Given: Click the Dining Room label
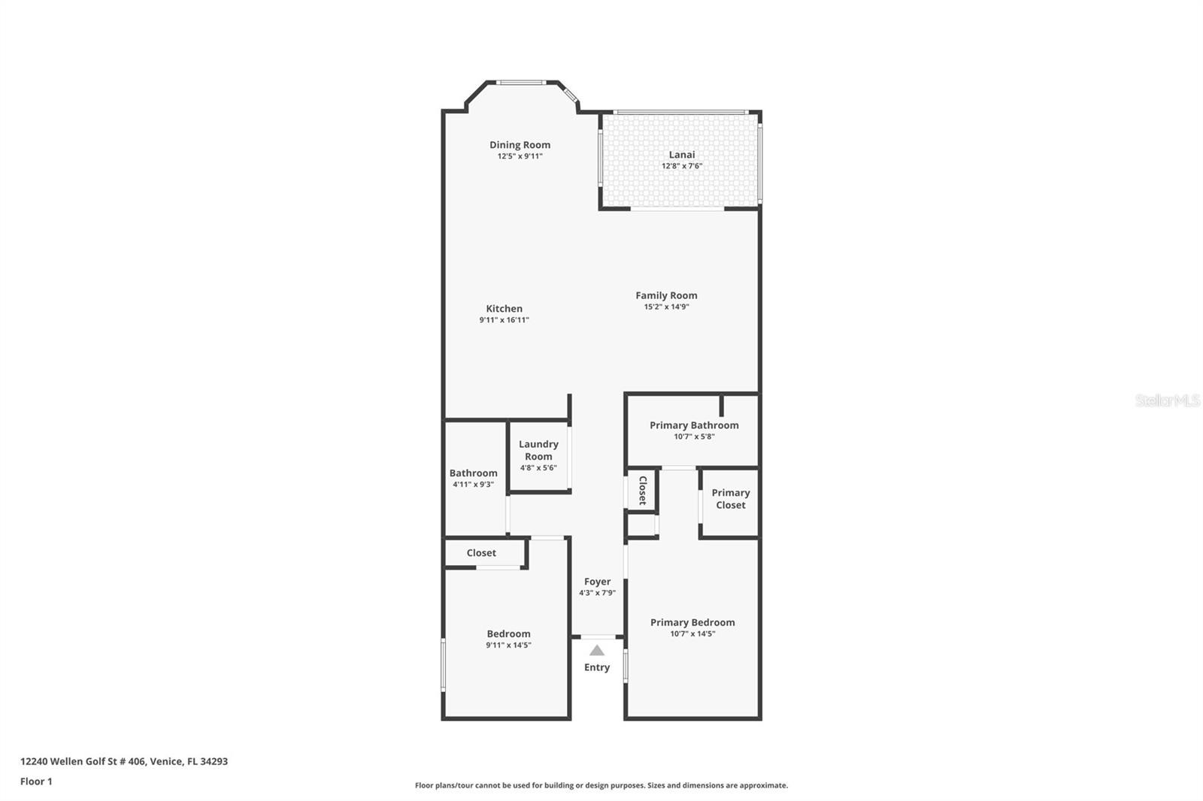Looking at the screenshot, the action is point(520,145).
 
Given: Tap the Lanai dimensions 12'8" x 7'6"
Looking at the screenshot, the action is point(681,166).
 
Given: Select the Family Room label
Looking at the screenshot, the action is point(666,295).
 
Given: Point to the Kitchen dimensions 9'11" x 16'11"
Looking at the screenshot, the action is point(505,320).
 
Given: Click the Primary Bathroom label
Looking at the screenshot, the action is point(694,425).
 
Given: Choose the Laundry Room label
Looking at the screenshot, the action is point(538,450).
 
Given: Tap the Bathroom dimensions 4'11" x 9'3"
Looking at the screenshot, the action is point(473,484).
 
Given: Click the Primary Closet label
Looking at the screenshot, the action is point(730,499).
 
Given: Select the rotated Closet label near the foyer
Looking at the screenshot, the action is point(642,490).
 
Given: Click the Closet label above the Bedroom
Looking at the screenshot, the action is point(481,553).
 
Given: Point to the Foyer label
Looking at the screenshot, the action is point(597,582).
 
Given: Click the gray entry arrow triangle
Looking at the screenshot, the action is point(597,651).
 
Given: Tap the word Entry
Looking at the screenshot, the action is point(597,667).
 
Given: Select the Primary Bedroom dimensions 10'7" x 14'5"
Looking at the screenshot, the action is point(692,634).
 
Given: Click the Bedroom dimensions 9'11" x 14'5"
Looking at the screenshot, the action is point(508,645).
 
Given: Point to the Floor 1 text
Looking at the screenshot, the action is point(36,781).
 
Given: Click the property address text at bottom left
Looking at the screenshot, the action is point(124,761).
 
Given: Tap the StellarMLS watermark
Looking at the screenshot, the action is point(1168,400).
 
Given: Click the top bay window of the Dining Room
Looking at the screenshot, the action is point(520,83).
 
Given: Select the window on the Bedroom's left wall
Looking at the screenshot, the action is point(444,665).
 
